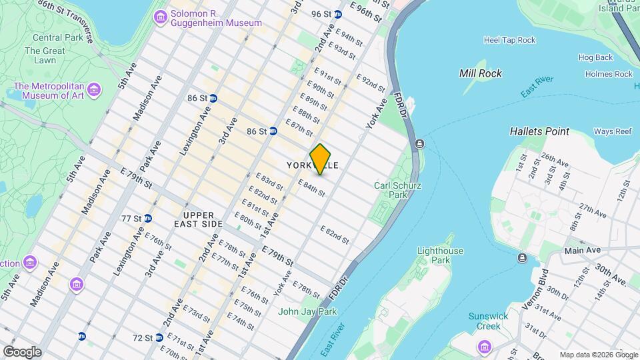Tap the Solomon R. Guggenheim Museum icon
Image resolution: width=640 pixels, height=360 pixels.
160,16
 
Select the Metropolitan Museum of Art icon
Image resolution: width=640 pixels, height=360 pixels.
93,89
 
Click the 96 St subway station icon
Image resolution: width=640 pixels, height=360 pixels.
338,14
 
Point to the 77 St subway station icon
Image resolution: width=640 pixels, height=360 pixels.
148,218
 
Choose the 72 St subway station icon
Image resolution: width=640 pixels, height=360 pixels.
159,338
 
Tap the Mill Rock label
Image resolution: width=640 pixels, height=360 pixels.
481,73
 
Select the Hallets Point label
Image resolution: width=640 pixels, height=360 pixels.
539,131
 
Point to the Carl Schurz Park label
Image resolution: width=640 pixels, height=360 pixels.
390,190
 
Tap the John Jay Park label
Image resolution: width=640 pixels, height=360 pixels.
307,311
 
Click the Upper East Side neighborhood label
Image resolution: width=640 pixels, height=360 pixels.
203,219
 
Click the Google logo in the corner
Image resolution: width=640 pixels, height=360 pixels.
21,351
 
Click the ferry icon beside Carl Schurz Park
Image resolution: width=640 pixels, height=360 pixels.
419,143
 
